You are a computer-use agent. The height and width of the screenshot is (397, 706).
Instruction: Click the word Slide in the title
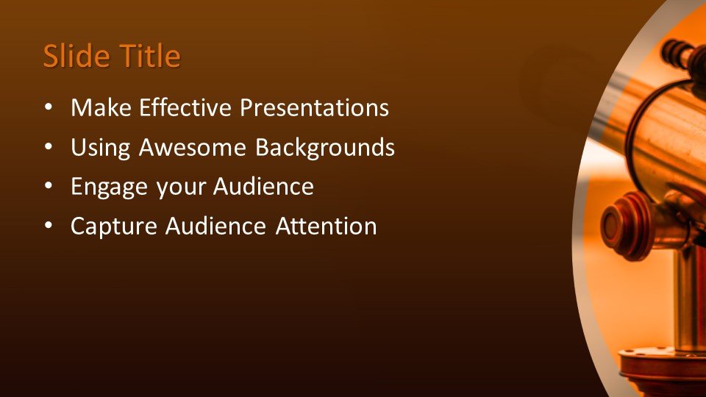[x=76, y=56]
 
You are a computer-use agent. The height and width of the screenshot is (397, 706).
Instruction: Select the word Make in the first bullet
[x=101, y=107]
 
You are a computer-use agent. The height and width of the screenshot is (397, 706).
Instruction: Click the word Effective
[x=185, y=107]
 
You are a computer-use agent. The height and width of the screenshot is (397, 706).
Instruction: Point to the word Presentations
[x=314, y=107]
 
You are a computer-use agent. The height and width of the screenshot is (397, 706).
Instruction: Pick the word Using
[x=101, y=148]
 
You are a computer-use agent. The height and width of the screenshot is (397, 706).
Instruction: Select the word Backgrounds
[x=325, y=148]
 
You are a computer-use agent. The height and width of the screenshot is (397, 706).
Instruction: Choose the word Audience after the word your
[x=263, y=186]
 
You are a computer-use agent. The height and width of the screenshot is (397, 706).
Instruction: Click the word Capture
[x=114, y=226]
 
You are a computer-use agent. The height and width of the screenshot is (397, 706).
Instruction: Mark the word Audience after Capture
[x=215, y=226]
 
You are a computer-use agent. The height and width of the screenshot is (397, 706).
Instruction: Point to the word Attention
[x=327, y=226]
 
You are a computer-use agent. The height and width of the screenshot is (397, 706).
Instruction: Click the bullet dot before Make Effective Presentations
[x=49, y=108]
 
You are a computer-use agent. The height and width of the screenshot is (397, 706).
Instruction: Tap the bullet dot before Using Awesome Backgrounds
[x=49, y=147]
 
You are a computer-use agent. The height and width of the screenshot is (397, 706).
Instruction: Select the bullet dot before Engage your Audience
[x=49, y=186]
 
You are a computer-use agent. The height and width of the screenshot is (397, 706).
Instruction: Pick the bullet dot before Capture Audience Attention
[x=49, y=226]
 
